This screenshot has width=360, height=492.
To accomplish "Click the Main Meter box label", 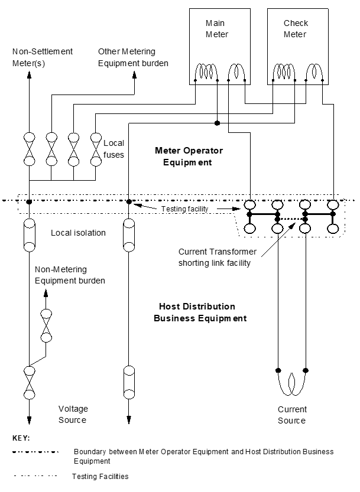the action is [217, 28].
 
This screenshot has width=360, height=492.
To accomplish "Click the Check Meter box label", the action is [296, 28].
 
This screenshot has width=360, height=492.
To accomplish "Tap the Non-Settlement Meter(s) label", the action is [43, 57].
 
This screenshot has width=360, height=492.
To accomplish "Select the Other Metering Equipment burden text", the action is [133, 57].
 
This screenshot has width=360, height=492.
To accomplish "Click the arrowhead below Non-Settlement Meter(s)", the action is [29, 74].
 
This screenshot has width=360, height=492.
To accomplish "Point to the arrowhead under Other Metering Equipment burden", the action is [134, 74].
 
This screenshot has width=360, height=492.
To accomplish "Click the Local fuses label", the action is [113, 149].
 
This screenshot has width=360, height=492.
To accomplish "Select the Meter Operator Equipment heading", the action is [189, 157].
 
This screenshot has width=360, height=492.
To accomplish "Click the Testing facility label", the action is [184, 208].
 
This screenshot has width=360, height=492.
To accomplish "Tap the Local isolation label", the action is [78, 233].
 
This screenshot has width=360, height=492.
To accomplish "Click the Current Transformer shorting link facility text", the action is [218, 258].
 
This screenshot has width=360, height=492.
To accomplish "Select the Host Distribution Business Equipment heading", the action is [200, 312].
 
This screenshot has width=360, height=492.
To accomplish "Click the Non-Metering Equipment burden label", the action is [70, 275].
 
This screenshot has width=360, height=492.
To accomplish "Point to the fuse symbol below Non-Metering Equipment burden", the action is [46, 325].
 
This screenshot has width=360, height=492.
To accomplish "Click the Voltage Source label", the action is [73, 414].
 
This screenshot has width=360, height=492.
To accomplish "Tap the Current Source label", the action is [292, 415].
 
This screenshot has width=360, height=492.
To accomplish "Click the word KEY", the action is [21, 438].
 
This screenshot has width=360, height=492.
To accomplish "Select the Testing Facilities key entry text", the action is [100, 476].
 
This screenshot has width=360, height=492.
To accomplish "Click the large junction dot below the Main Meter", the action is [217, 123].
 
